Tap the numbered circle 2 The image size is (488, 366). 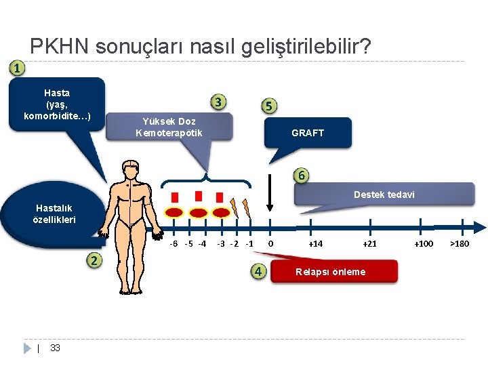point(95,261)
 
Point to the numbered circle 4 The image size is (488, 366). point(258,272)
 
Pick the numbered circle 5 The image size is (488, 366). point(269,106)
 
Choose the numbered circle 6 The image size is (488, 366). point(302,175)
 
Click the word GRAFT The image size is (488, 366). point(308,133)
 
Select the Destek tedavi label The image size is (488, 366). point(384,195)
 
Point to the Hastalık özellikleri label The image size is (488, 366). point(54,214)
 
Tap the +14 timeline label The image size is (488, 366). point(315,244)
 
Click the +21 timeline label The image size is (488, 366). point(369,244)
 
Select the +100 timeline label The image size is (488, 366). point(424,244)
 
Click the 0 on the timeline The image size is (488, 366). point(270,244)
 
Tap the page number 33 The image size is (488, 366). point(56,348)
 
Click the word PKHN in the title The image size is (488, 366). point(60,47)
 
